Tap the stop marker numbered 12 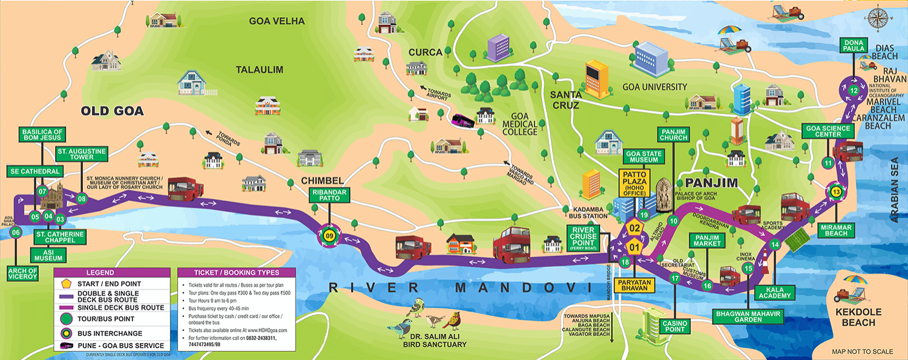pyautogui.click(x=854, y=91)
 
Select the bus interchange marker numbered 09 pyautogui.click(x=329, y=236)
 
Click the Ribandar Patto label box pyautogui.click(x=330, y=195)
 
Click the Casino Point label pyautogui.click(x=674, y=326)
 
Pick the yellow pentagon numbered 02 pyautogui.click(x=634, y=228)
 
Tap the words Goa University pyautogui.click(x=655, y=87)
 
